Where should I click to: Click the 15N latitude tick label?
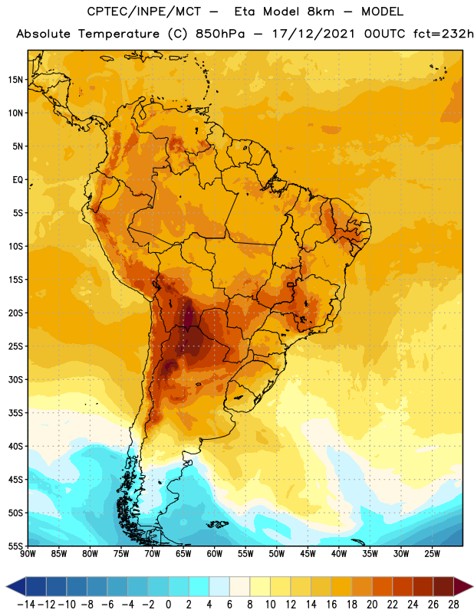(x=15, y=80)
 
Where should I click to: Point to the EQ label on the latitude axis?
(x=18, y=180)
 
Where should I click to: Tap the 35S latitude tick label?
(x=15, y=413)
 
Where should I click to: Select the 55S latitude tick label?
(x=15, y=546)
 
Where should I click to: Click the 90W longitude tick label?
(x=28, y=554)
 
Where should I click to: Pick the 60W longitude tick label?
(x=215, y=554)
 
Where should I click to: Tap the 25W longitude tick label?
(x=432, y=554)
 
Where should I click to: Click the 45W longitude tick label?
(x=308, y=554)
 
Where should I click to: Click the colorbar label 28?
(x=453, y=605)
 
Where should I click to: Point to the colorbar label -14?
(x=27, y=605)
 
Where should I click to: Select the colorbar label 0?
(x=168, y=605)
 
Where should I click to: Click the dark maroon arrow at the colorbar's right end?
(x=463, y=586)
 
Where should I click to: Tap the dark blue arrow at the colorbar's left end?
(x=16, y=586)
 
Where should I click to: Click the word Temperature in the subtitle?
(x=119, y=34)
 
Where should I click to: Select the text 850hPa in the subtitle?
(x=220, y=34)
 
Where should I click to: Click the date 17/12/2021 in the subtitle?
(x=314, y=34)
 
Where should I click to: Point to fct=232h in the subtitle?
(x=443, y=34)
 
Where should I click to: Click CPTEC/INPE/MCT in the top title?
(x=144, y=11)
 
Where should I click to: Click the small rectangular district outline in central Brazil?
(x=291, y=285)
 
